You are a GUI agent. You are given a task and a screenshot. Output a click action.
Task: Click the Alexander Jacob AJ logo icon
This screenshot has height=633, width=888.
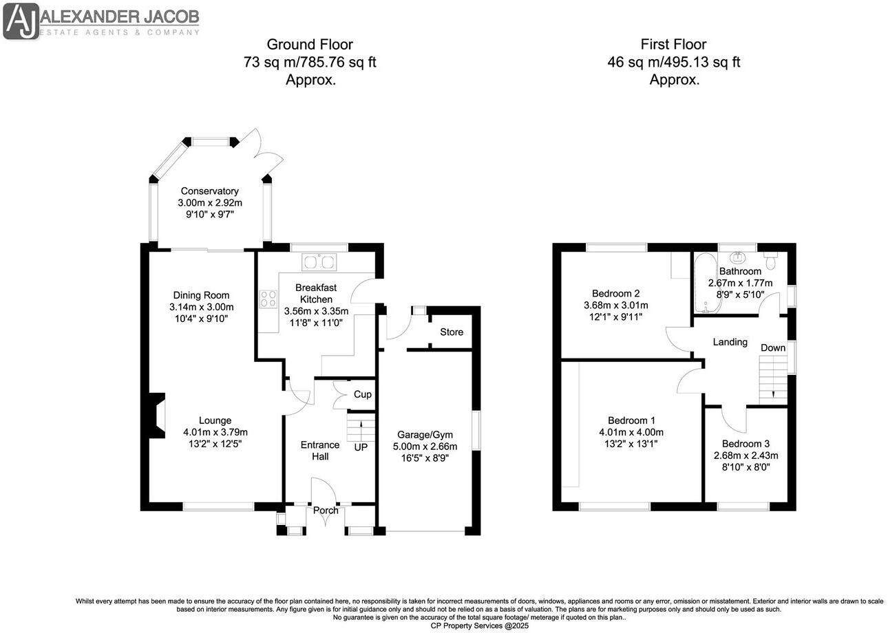[x=21, y=21]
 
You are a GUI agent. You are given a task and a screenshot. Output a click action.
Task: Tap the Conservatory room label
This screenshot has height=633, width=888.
[x=209, y=191]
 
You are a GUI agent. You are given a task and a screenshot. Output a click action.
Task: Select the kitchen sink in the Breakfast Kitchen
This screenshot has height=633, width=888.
[x=319, y=261]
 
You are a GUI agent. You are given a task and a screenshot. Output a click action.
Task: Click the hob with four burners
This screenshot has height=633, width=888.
[x=268, y=299]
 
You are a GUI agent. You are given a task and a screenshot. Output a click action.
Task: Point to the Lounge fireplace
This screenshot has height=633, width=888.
[x=156, y=415]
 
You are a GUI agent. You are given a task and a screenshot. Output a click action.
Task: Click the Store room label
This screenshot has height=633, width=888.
[x=452, y=332]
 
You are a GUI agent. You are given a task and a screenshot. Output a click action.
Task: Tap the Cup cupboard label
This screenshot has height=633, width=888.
[x=362, y=394]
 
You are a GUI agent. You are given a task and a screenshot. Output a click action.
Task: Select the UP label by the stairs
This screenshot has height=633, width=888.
[x=361, y=447]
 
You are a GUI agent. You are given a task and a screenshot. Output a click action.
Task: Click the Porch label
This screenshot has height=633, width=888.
[x=326, y=511]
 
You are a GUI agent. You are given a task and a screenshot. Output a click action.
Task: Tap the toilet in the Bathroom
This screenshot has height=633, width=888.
[x=770, y=261]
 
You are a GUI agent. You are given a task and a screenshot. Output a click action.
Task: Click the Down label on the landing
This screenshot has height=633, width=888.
[x=772, y=347]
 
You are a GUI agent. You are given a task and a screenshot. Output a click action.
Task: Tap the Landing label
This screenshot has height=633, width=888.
[x=730, y=342]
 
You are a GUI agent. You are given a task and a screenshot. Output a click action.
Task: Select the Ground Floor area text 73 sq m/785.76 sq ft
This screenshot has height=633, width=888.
[x=310, y=63]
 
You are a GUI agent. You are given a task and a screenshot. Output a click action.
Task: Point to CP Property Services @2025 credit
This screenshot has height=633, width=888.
[x=479, y=625]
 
